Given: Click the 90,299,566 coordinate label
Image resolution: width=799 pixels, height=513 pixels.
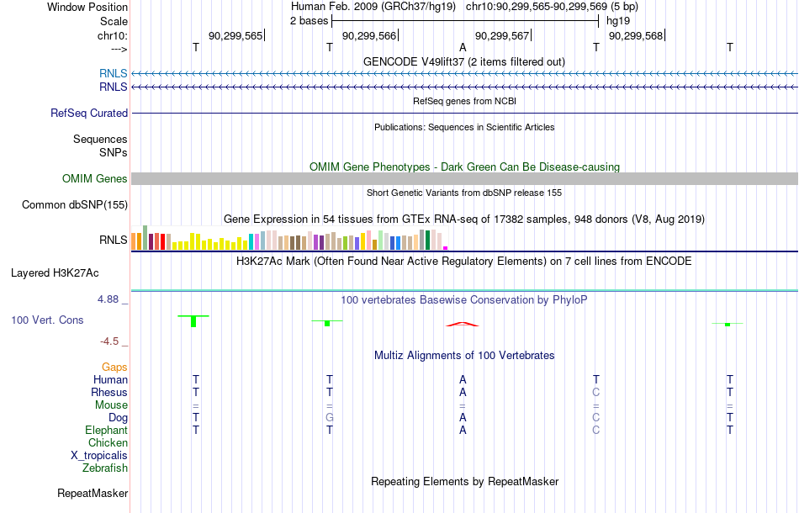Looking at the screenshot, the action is pyautogui.click(x=369, y=35).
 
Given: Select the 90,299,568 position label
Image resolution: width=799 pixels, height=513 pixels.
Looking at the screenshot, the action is pyautogui.click(x=636, y=35).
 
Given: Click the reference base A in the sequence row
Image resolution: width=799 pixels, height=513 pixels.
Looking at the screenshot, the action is pyautogui.click(x=463, y=47).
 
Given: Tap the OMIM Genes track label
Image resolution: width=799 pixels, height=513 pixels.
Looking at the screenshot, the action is pyautogui.click(x=95, y=179).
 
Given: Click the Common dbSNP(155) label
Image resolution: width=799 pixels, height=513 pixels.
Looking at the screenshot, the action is pyautogui.click(x=75, y=205).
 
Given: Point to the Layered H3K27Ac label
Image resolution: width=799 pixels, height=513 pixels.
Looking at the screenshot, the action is pyautogui.click(x=55, y=273).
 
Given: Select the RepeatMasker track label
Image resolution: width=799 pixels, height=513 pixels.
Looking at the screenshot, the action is pyautogui.click(x=93, y=493).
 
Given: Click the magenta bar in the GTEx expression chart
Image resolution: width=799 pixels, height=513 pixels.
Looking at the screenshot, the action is pyautogui.click(x=446, y=248).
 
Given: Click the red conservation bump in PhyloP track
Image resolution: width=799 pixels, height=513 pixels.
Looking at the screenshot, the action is pyautogui.click(x=463, y=324).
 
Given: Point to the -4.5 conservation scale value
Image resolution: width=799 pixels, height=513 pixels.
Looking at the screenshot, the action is pyautogui.click(x=109, y=341).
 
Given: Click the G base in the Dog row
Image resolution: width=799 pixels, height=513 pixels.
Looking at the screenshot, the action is pyautogui.click(x=330, y=418).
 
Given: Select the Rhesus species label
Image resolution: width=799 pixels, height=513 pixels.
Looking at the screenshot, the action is pyautogui.click(x=109, y=392).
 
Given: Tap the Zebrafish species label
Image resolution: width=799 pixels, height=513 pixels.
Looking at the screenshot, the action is pyautogui.click(x=105, y=468).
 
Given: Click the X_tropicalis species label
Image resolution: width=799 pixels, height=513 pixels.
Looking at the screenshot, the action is pyautogui.click(x=99, y=456).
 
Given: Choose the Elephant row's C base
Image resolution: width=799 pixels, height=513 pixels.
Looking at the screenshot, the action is pyautogui.click(x=596, y=431).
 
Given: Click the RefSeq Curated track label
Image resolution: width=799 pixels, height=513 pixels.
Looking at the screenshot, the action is pyautogui.click(x=89, y=113).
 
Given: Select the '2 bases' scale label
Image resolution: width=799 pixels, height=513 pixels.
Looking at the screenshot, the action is pyautogui.click(x=310, y=21).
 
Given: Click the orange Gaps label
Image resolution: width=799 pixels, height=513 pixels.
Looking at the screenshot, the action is pyautogui.click(x=114, y=368).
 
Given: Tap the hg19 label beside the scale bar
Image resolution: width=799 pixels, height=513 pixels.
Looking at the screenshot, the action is pyautogui.click(x=618, y=21).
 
